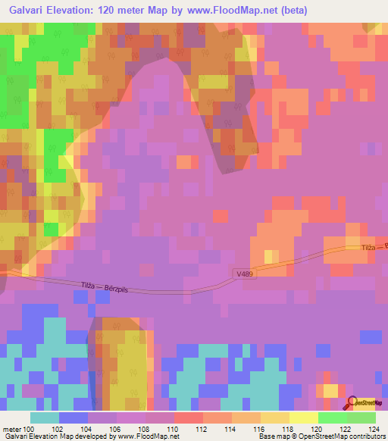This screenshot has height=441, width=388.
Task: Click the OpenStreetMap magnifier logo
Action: [x=354, y=403]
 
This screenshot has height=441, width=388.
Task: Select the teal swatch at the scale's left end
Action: [x=45, y=418]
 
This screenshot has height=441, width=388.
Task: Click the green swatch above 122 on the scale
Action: [x=333, y=418]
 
